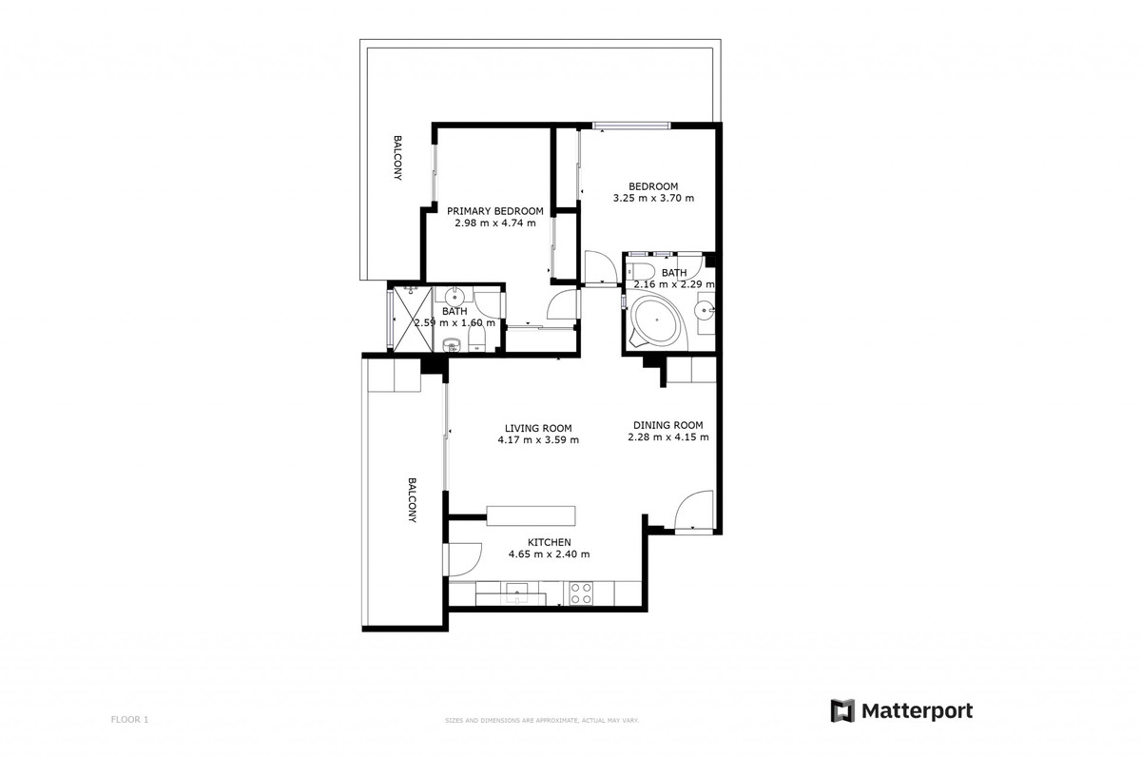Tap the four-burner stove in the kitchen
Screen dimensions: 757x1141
[x=581, y=593]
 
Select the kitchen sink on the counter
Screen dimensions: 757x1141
[x=518, y=593]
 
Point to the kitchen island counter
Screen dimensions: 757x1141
[x=531, y=515]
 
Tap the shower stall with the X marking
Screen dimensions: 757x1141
[x=413, y=320]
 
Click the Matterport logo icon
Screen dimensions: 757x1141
[x=842, y=711]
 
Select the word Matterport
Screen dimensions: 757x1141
[x=917, y=711]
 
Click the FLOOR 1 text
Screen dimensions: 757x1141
[x=130, y=720]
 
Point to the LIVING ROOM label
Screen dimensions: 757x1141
[x=538, y=428]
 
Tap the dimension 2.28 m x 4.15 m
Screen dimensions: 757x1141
[x=668, y=437]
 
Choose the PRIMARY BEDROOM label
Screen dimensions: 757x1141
[x=494, y=211]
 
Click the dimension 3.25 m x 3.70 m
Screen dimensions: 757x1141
[x=652, y=199]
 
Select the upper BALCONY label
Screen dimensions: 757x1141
[x=397, y=158]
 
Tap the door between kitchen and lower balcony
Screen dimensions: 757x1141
[x=463, y=558]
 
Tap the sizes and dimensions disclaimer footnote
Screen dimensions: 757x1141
[x=541, y=721]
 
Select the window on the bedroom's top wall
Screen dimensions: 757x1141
[x=631, y=125]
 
